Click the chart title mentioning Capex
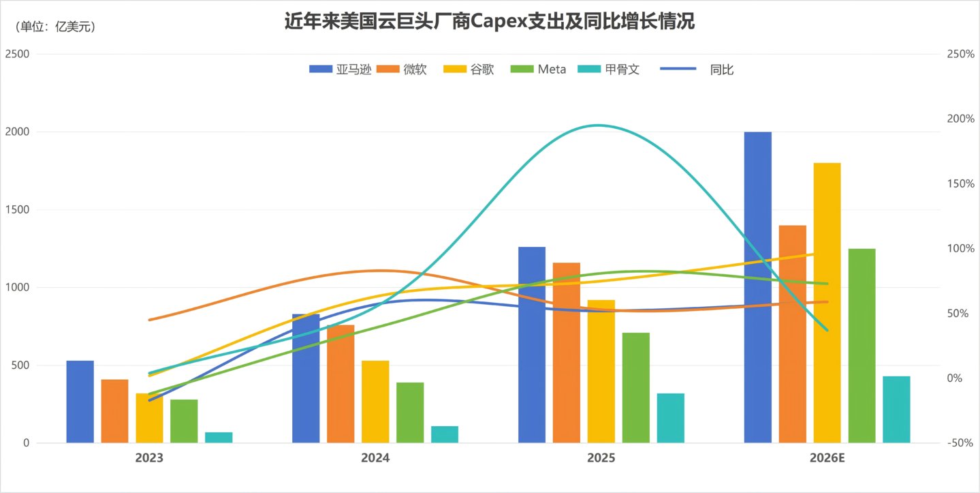pos(489,22)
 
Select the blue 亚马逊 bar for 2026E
pos(757,286)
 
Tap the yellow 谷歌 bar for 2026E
pos(827,303)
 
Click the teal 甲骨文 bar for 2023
pos(219,437)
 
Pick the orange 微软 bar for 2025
pos(567,352)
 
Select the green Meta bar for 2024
pos(410,412)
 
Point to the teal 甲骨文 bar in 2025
pos(670,417)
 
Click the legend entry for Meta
pos(539,69)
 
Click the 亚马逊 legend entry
pos(341,69)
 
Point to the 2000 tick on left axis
pos(18,132)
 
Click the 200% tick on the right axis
pos(960,119)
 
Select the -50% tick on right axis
pos(960,443)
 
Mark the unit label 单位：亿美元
pos(54,27)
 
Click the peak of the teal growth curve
pos(597,125)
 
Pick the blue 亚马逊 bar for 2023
pos(80,401)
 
